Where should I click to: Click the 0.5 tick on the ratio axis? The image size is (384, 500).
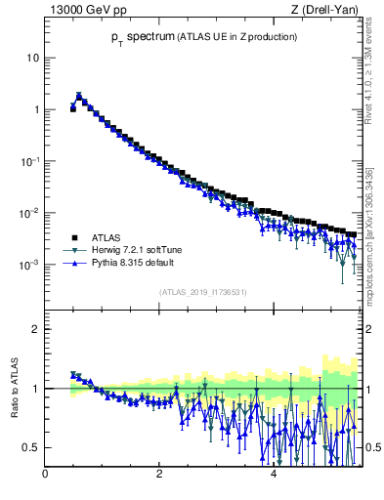point(30,447)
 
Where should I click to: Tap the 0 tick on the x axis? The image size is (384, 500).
point(45,476)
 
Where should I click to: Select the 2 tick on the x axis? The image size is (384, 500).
point(159,476)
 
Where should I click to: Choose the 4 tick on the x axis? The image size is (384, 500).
point(274,476)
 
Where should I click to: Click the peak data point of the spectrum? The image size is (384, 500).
point(79,96)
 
